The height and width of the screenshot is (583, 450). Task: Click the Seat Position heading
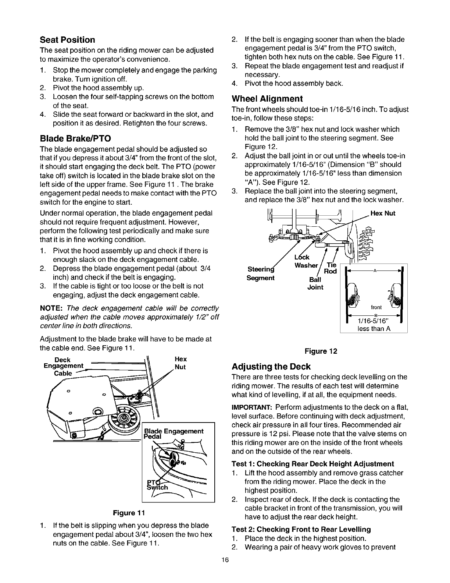point(67,40)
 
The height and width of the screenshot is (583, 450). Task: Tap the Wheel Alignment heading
point(267,99)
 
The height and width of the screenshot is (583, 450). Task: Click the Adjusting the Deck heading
point(271,367)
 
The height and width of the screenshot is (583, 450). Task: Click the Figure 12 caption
point(321,351)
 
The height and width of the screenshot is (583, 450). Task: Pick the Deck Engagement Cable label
point(63,366)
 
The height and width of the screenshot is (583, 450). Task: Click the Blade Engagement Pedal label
point(174,434)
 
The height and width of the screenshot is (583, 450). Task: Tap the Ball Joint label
point(315,283)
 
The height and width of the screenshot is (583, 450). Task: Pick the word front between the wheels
point(376,307)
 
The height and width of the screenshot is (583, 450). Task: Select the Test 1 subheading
point(312,464)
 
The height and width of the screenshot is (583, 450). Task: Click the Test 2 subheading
point(301,529)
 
